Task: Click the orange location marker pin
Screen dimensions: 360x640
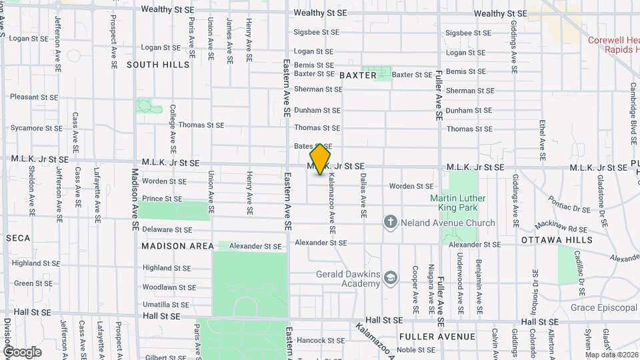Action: click(x=321, y=159)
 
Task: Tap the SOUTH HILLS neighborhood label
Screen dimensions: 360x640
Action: click(x=158, y=65)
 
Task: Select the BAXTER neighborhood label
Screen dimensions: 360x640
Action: click(x=358, y=75)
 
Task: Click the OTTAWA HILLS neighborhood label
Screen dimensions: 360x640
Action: click(x=557, y=240)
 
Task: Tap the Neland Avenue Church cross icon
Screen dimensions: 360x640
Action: click(x=391, y=222)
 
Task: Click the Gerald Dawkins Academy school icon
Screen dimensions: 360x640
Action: click(x=391, y=279)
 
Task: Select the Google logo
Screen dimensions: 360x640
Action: click(x=22, y=351)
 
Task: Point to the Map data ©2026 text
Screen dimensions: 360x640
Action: click(x=611, y=355)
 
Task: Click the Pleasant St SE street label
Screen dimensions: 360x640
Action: click(x=34, y=97)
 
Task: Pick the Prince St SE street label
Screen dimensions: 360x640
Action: click(x=162, y=199)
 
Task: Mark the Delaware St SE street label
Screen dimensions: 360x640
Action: click(x=167, y=229)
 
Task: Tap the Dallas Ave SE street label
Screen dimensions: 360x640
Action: click(x=364, y=196)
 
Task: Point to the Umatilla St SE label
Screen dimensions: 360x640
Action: click(x=167, y=304)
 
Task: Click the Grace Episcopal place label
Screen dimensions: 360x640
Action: click(x=604, y=308)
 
